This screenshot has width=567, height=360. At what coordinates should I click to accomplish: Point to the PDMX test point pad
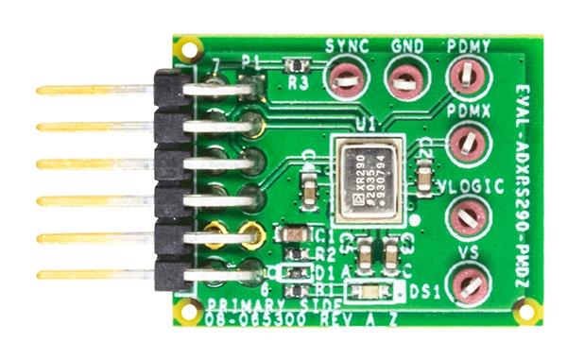[466, 144]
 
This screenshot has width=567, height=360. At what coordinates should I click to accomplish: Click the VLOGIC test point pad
[465, 216]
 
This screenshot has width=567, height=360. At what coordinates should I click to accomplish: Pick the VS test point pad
[467, 283]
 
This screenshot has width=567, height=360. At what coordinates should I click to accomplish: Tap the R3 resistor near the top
[297, 66]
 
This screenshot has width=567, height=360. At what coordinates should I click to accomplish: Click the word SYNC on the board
[346, 45]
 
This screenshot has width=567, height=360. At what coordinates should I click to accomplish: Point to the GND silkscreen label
[406, 45]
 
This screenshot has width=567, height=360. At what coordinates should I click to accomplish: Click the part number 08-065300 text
[247, 320]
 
